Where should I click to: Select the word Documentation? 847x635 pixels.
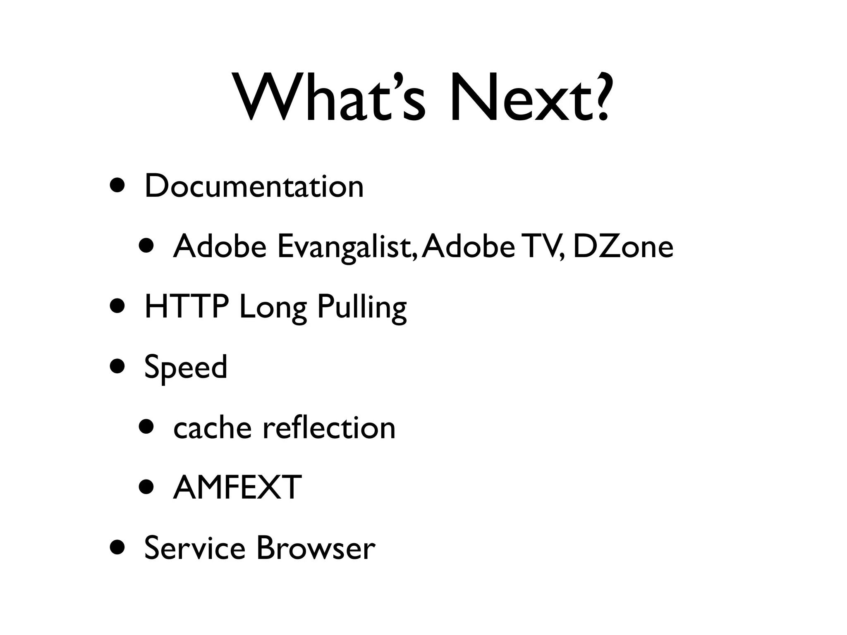coord(254,186)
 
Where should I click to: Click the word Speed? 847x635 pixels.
coord(186,368)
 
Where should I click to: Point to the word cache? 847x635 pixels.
coord(212,428)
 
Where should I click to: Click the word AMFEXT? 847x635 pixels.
coord(237,487)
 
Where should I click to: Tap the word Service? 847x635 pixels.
coord(195,548)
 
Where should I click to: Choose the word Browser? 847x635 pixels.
coord(316,548)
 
